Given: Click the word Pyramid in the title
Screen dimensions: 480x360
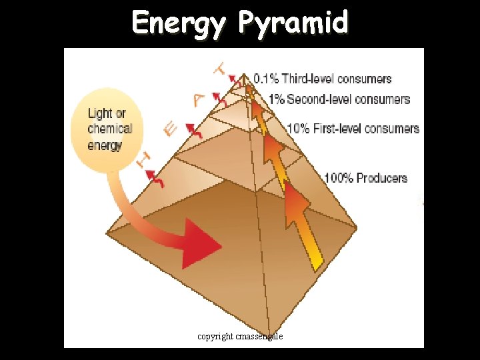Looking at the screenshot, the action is coord(294,23).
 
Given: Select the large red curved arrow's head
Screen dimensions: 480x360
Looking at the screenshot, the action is coord(203,245).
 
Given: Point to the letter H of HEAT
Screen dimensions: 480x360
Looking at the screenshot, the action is coord(142,159).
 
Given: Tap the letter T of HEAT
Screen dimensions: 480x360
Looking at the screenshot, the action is coord(221,68).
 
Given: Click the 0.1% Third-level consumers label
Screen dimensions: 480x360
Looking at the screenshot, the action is coord(322,79).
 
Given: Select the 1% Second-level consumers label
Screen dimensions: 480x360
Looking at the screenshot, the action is coord(339,99).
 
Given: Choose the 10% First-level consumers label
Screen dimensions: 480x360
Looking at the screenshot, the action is coord(353,128).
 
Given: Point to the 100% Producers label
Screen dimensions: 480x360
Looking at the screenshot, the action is coord(365,178).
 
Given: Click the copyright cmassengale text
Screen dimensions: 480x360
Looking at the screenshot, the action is coord(240,337).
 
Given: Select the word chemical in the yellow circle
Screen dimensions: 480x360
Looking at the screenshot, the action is coord(110,129).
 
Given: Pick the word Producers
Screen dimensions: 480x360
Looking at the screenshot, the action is coord(381,178).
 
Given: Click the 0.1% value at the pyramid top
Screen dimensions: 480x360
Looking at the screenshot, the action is coord(266,79).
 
